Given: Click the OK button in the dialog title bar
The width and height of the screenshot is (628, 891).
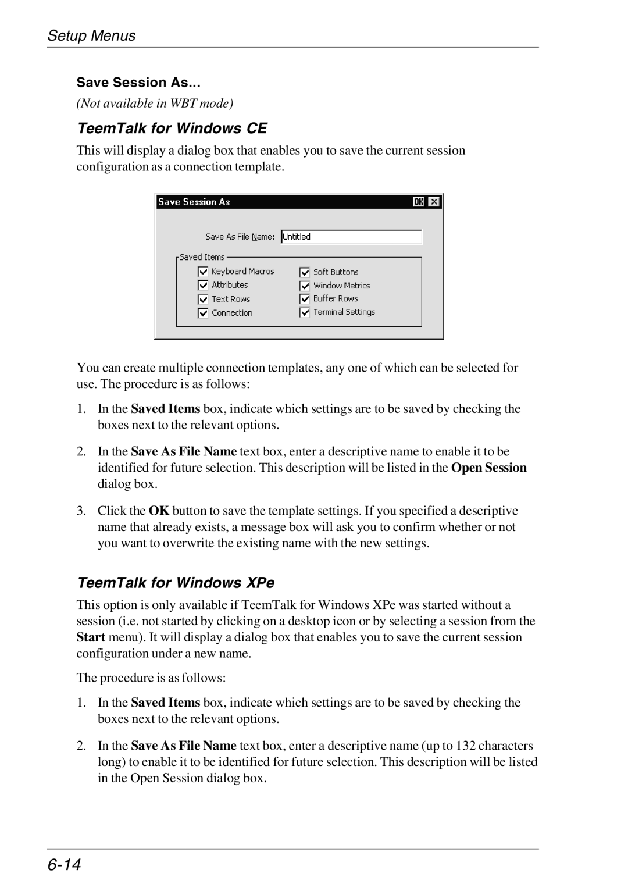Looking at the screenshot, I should pyautogui.click(x=419, y=202).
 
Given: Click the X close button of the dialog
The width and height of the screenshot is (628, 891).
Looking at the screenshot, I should pyautogui.click(x=434, y=202).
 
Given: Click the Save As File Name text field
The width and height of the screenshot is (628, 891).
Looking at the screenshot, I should pyautogui.click(x=351, y=237).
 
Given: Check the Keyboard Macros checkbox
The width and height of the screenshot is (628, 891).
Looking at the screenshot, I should pyautogui.click(x=203, y=272).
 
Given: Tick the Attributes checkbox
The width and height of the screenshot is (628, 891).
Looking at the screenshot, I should pyautogui.click(x=203, y=285).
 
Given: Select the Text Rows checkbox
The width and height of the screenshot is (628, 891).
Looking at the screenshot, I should pyautogui.click(x=203, y=300).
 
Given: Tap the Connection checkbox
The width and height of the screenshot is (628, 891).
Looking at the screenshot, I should pyautogui.click(x=203, y=313).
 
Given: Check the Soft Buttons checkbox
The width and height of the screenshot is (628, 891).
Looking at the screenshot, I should pyautogui.click(x=305, y=272).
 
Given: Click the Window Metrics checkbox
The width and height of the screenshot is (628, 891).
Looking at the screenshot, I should pyautogui.click(x=305, y=286).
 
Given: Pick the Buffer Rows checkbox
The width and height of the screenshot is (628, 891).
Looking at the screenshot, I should pyautogui.click(x=305, y=299).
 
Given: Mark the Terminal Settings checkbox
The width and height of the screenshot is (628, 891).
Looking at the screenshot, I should pyautogui.click(x=305, y=312).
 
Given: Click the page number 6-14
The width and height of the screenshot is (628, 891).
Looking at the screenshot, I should pyautogui.click(x=64, y=865).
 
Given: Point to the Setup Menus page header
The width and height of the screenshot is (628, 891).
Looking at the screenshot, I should pyautogui.click(x=91, y=35).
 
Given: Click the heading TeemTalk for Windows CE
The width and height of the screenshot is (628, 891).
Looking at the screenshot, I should pyautogui.click(x=172, y=128).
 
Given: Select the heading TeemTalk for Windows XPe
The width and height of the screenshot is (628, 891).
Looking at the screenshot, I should pyautogui.click(x=176, y=583).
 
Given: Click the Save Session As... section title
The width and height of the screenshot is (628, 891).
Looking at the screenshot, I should pyautogui.click(x=138, y=83).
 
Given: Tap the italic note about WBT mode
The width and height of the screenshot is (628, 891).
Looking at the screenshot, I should pyautogui.click(x=155, y=104).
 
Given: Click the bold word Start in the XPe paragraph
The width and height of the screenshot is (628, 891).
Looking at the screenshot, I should pyautogui.click(x=91, y=637).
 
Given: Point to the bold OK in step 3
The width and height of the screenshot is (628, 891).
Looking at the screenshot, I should pyautogui.click(x=159, y=511).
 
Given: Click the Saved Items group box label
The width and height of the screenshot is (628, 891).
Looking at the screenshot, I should pyautogui.click(x=202, y=257).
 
